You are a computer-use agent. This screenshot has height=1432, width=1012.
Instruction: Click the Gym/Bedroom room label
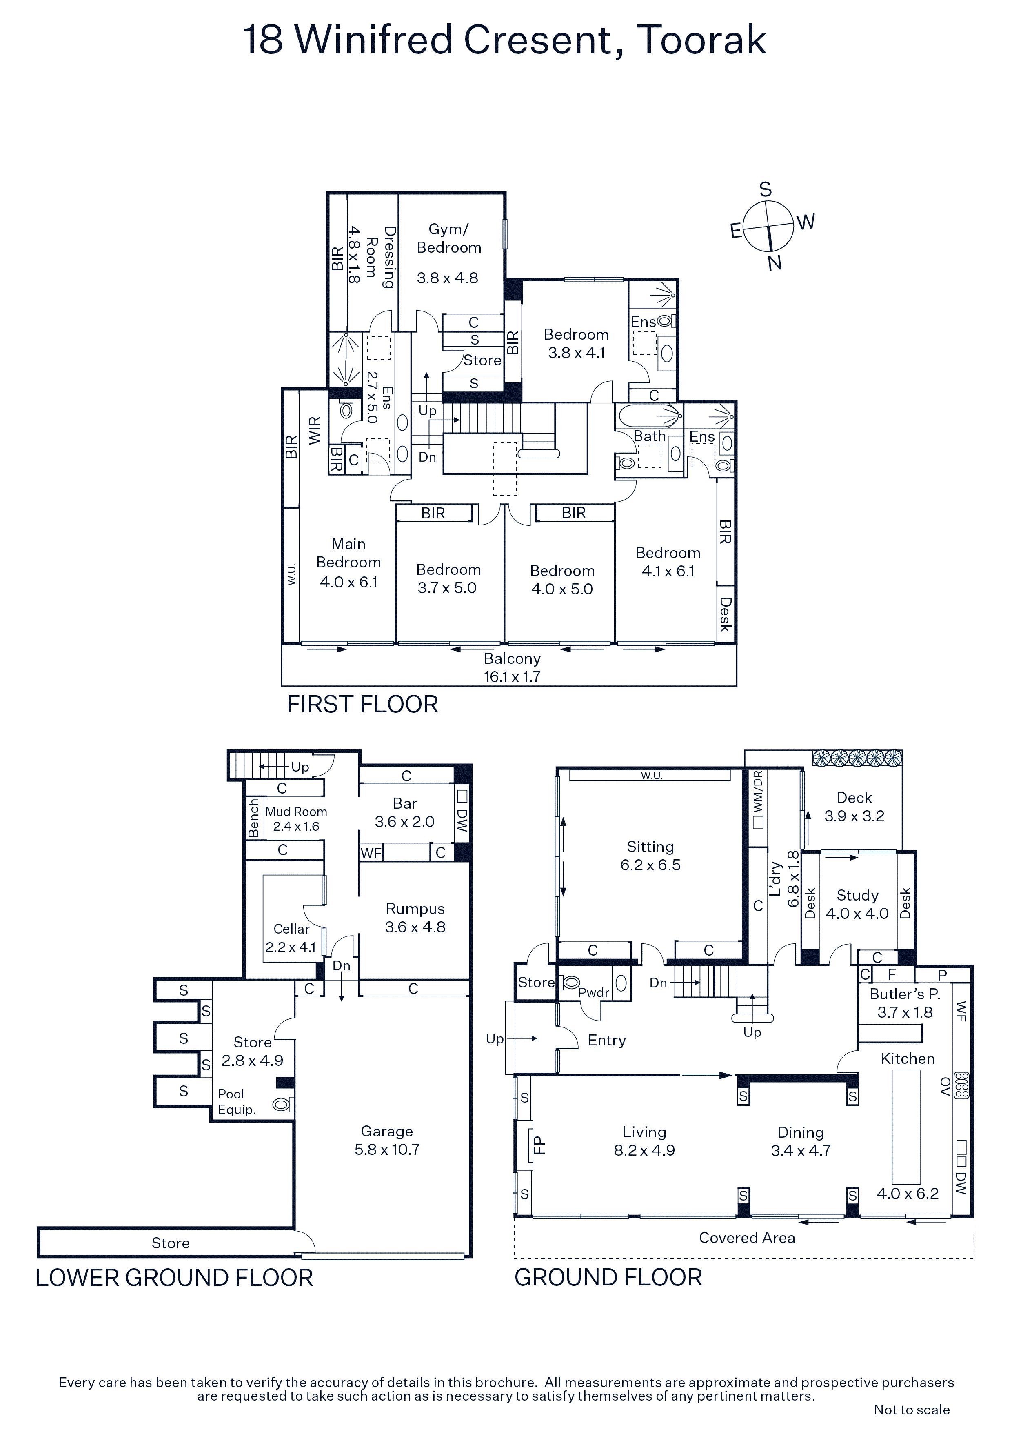[449, 238]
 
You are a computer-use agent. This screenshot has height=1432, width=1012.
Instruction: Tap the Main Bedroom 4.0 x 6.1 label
[348, 563]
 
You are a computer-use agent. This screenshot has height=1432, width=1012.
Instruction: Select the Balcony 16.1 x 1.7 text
[512, 667]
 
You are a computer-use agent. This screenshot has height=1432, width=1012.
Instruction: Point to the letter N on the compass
[775, 263]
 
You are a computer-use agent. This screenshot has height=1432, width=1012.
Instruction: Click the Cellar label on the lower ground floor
[291, 929]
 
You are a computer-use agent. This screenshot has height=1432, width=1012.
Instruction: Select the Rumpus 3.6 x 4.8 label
[415, 918]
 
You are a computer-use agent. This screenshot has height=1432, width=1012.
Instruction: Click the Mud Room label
[296, 812]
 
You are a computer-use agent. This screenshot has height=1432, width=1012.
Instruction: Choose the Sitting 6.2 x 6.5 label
[650, 856]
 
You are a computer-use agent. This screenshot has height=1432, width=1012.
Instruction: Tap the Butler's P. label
[905, 994]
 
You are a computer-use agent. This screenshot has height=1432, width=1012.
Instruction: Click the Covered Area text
[747, 1238]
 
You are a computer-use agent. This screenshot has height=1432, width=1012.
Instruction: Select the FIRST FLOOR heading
[362, 704]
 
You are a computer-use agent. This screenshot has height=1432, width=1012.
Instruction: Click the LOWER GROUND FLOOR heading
[174, 1278]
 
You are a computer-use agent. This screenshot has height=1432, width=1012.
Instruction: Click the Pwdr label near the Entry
[594, 993]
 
